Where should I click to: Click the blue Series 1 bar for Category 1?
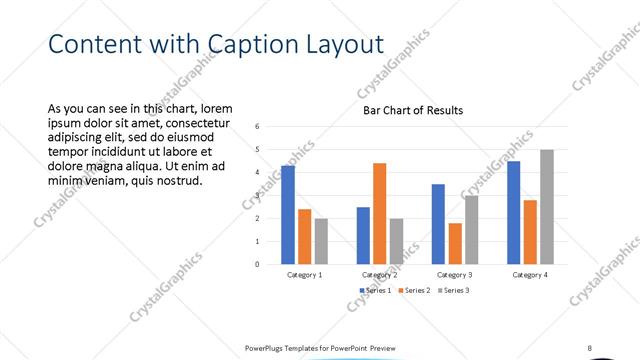(x=288, y=215)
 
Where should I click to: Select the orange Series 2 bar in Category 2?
(x=379, y=213)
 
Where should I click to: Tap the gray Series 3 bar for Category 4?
(x=546, y=207)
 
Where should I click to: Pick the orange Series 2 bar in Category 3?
(x=455, y=243)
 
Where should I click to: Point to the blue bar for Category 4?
(x=514, y=212)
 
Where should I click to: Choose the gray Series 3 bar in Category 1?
(x=321, y=241)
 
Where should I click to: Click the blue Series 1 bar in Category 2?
(x=363, y=235)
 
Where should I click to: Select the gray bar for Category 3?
(x=471, y=230)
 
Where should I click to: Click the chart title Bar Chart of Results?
(x=412, y=110)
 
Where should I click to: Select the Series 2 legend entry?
(x=413, y=290)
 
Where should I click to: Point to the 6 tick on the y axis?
(x=258, y=127)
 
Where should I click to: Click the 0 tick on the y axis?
(x=258, y=264)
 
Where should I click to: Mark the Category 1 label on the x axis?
(x=305, y=274)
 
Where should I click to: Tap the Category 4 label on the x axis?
(x=530, y=274)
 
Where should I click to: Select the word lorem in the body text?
(x=217, y=108)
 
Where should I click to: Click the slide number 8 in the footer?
(x=590, y=347)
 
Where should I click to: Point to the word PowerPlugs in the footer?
(x=268, y=347)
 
